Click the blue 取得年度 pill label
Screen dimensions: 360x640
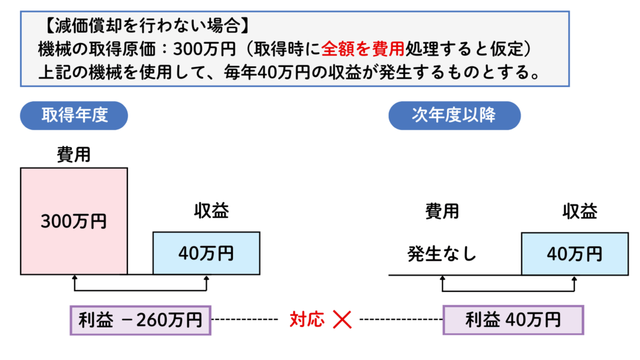pos(74,116)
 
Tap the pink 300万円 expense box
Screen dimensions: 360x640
pos(74,221)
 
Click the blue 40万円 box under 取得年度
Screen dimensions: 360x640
pos(206,253)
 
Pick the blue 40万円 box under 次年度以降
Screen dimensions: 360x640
pos(574,253)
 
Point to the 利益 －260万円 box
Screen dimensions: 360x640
pos(141,321)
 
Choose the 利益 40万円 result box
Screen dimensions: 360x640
pos(512,321)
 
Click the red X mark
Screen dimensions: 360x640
pos(342,321)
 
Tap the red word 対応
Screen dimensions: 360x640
pos(307,321)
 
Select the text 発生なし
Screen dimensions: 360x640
pos(442,254)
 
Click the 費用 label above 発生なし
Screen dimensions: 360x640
pos(442,211)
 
